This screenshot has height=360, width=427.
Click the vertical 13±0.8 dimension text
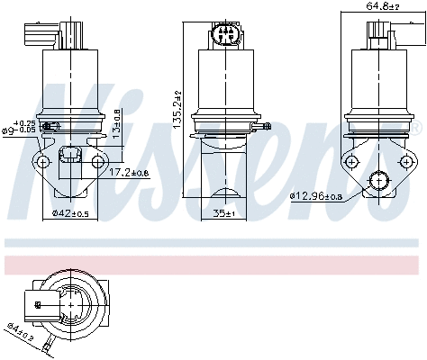[117, 127]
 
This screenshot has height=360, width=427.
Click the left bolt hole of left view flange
[39, 162]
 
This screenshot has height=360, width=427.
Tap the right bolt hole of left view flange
[96, 161]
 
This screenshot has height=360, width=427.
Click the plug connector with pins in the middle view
[225, 36]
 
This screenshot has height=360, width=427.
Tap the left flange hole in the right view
[352, 162]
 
